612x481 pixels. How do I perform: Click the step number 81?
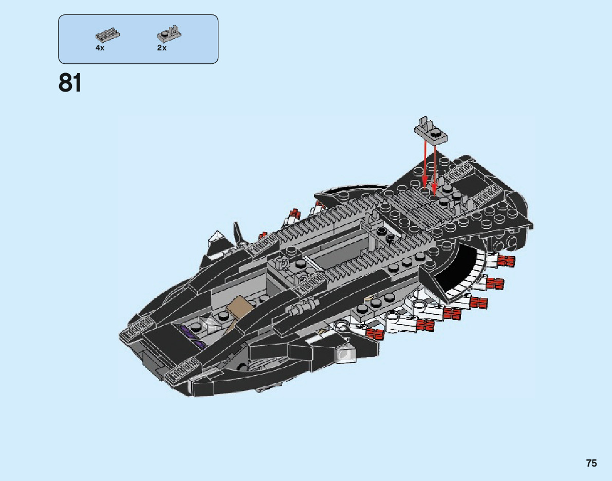click(x=70, y=83)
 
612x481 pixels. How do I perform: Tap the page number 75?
click(x=591, y=463)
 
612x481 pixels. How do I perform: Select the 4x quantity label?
click(x=100, y=48)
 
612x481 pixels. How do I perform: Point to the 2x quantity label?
click(x=162, y=48)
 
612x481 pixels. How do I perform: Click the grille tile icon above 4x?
click(x=108, y=35)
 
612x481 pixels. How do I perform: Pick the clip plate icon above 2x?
click(x=169, y=34)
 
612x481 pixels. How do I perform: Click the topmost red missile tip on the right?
click(x=507, y=261)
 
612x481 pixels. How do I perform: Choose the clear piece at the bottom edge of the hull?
click(x=345, y=354)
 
